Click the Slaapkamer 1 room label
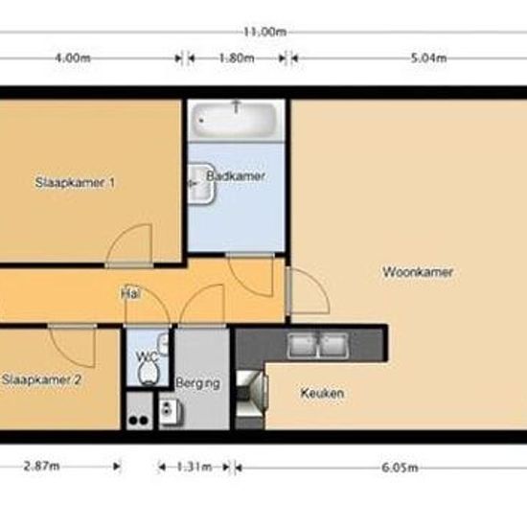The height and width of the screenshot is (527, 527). [x=76, y=182]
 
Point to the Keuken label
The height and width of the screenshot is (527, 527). [x=322, y=393]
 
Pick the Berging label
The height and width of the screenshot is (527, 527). [x=198, y=383]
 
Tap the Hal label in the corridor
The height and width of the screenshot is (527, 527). [x=131, y=294]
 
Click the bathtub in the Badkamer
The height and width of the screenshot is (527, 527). [x=235, y=122]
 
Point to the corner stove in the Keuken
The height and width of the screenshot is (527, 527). [x=252, y=392]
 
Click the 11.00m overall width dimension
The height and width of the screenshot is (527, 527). [x=265, y=31]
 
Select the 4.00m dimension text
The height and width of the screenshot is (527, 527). [x=73, y=57]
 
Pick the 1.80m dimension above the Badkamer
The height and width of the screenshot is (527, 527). [x=236, y=57]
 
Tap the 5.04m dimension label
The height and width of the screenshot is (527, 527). [x=428, y=57]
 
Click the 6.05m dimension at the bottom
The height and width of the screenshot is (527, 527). [x=400, y=468]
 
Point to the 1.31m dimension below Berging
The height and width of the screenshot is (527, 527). [x=195, y=468]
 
